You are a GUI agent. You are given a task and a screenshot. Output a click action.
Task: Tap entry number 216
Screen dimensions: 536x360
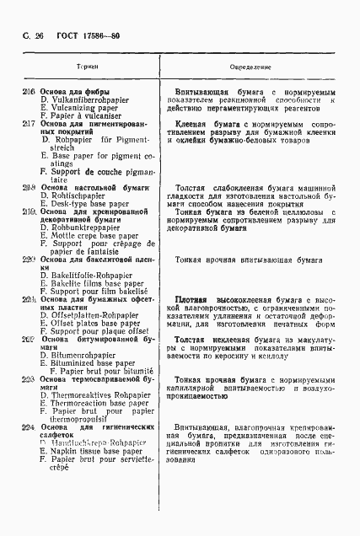tap(30, 91)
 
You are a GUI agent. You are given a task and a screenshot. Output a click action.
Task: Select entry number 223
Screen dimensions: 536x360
tap(30, 378)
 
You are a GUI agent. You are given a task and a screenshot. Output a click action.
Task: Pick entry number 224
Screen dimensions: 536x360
tap(30, 428)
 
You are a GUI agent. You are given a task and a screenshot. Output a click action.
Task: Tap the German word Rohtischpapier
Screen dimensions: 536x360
tap(83, 196)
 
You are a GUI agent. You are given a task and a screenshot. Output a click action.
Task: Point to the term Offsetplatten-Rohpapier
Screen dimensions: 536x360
tap(97, 314)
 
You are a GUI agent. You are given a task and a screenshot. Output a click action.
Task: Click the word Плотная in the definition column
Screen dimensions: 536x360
tap(191, 300)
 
